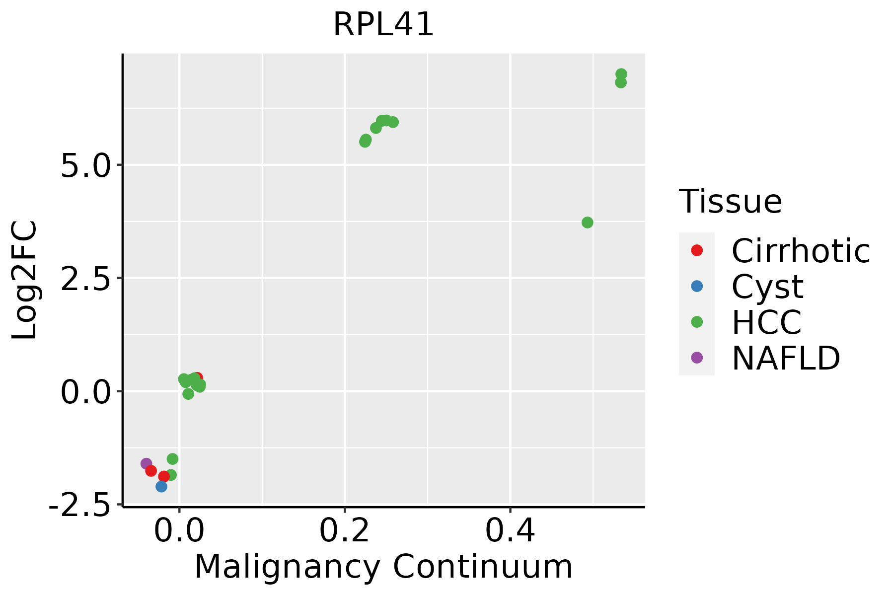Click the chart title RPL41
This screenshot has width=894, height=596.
(x=383, y=25)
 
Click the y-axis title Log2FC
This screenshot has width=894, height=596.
(x=25, y=280)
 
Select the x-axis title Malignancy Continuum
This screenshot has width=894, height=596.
(x=383, y=567)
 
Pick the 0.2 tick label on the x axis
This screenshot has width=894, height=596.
(x=344, y=531)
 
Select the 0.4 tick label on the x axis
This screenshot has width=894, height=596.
(x=510, y=531)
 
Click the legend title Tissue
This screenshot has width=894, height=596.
(x=730, y=202)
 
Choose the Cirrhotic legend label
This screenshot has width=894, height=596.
(x=801, y=251)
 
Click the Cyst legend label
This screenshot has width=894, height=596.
(x=767, y=287)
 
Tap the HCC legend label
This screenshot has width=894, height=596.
(x=766, y=322)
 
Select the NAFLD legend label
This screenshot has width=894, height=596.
(x=786, y=358)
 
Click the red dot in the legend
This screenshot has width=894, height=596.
(x=697, y=250)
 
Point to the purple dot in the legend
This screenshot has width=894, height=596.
(x=697, y=358)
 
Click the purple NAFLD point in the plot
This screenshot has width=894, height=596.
(x=146, y=463)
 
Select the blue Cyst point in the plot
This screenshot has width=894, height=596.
(x=161, y=486)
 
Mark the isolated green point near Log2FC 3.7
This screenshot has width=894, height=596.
(x=587, y=223)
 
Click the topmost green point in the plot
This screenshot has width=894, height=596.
(x=621, y=74)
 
